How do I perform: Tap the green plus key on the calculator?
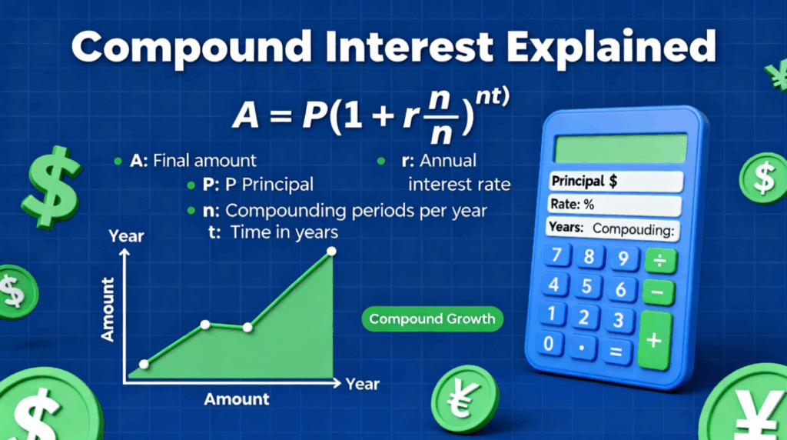point(655,340)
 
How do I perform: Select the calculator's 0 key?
point(548,343)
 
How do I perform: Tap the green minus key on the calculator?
point(657,293)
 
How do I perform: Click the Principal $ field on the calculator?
point(615,182)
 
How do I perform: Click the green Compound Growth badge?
point(432,318)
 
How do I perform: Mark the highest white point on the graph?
point(331,252)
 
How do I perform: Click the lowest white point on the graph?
point(144,364)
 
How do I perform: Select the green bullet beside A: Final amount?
point(117,162)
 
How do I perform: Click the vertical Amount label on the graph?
point(107,309)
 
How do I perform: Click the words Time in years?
point(284,232)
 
